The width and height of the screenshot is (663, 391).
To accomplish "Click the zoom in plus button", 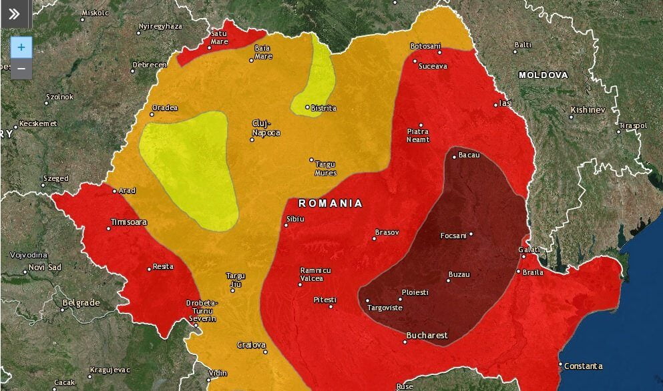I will pos(21,47).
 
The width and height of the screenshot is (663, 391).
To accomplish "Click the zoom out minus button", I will pos(21,68).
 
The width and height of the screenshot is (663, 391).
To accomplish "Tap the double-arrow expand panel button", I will pos(15,14).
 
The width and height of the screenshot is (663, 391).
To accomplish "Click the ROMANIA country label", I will pos(330,203).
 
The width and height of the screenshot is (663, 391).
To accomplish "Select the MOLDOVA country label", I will pos(543,75).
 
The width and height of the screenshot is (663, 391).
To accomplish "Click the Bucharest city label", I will pos(427,335).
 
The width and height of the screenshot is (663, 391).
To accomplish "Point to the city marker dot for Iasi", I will pos(496,104).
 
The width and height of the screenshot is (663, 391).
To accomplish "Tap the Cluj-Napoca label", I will pos(265,127).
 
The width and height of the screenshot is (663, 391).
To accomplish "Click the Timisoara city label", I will pos(129,222).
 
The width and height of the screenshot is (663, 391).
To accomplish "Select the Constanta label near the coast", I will pos(583,366).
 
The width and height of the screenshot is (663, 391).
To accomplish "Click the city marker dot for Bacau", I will pos(454,157).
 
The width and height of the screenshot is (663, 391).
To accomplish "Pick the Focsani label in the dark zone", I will pos(453,236).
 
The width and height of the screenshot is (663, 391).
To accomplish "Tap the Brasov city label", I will pos(387,232).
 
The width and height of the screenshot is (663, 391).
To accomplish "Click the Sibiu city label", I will pos(295,219).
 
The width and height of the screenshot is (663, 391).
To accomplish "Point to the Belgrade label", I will pos(80,302).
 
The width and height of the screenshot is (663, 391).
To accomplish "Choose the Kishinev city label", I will pos(588,109).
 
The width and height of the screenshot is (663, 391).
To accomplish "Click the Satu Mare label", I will pos(219,37).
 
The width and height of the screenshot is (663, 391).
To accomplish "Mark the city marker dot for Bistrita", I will pos(307,107).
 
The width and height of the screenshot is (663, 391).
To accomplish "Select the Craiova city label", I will pos(251,345).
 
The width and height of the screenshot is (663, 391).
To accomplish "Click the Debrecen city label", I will pos(149,65).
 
